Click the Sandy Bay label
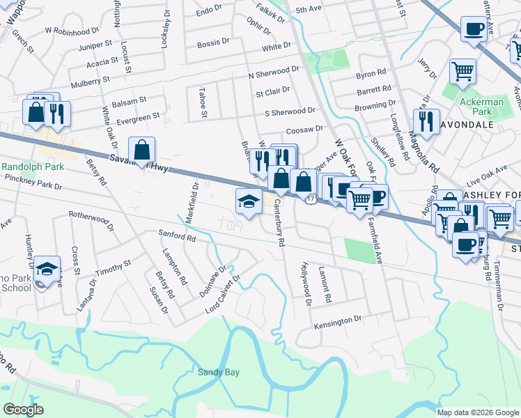[217, 372]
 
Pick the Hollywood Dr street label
[305, 285]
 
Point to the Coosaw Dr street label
[304, 129]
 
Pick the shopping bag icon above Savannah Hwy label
[141, 150]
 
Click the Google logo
[23, 410]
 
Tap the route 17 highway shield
[311, 200]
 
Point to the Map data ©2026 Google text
[477, 412]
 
